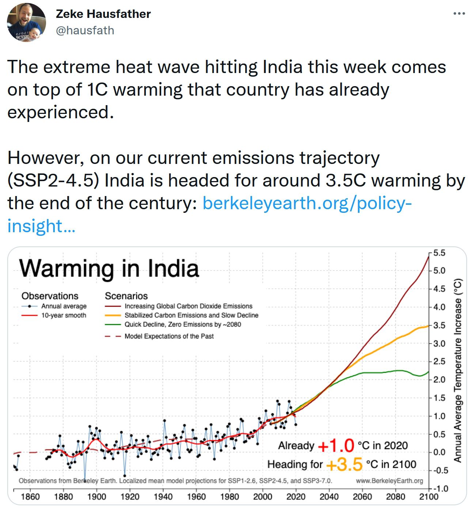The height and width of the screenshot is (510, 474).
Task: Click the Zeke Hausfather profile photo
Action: (x=26, y=22)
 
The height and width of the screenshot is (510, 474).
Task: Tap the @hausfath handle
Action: (x=85, y=30)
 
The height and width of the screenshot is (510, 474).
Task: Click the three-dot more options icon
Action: (x=459, y=14)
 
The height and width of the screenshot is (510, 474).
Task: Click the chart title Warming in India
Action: (x=109, y=268)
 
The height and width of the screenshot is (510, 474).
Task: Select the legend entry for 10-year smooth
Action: (x=64, y=315)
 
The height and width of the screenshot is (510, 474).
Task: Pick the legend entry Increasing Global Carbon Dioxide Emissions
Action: (x=188, y=306)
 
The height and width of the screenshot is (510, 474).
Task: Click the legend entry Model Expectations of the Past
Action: (x=169, y=336)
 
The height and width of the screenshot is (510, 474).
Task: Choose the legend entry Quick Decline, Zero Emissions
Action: (x=183, y=325)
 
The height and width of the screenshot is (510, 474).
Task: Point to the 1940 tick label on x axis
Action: (x=163, y=497)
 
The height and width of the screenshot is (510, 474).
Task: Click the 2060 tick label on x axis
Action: (x=362, y=497)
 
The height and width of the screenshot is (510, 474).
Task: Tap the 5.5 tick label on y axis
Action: (x=439, y=253)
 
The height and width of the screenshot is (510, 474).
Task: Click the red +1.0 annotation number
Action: (x=336, y=445)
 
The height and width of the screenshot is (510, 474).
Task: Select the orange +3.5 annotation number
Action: (x=344, y=464)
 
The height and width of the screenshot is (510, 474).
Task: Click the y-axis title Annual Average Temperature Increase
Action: (x=458, y=370)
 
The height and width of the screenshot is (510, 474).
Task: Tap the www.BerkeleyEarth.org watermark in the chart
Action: (x=389, y=481)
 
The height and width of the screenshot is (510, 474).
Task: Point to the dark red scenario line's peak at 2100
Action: (x=428, y=257)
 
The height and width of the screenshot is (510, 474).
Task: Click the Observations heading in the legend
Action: (x=50, y=296)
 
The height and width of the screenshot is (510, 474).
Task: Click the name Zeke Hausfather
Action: (x=103, y=14)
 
